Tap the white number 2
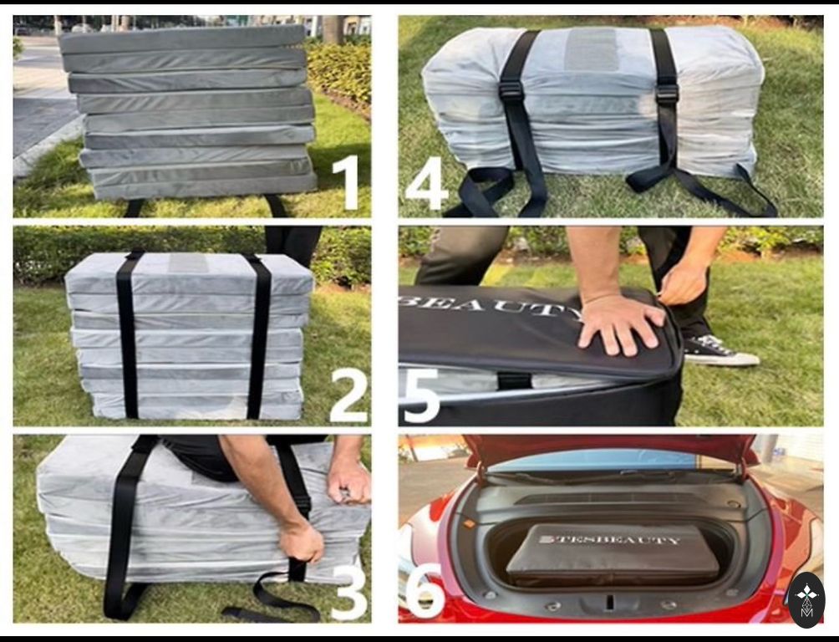(348, 395)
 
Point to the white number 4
(426, 183)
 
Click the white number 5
(421, 395)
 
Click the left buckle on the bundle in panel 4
(511, 92)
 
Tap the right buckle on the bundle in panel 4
(667, 94)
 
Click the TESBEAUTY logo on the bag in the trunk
(610, 539)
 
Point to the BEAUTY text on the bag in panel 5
(491, 308)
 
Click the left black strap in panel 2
(129, 334)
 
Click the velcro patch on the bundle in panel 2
(188, 262)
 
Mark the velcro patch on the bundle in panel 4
(592, 49)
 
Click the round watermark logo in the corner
(807, 599)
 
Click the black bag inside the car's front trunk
(613, 555)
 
